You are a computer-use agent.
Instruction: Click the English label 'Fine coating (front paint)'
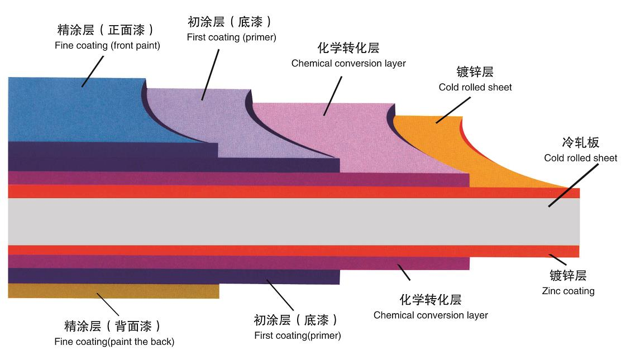tap(107, 46)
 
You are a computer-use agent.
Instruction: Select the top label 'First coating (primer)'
tap(231, 37)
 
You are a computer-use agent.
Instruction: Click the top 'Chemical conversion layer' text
tap(348, 63)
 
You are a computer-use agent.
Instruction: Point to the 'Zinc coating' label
tap(568, 291)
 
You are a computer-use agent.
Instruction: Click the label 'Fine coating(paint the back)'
tap(114, 342)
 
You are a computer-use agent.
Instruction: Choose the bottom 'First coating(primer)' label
tap(297, 335)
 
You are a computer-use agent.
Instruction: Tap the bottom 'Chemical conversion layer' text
tap(431, 315)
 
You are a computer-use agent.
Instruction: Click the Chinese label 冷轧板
tap(580, 142)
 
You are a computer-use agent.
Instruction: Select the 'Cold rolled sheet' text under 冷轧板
tap(580, 158)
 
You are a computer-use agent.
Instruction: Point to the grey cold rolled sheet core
tap(279, 221)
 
